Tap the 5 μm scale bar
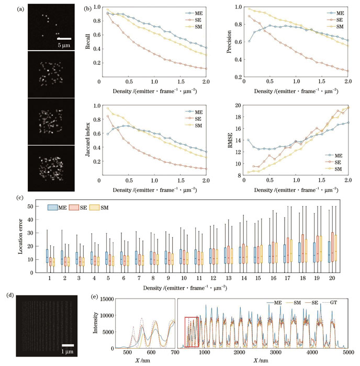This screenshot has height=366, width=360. pos(63,38)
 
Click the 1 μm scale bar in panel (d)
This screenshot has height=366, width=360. pos(69,345)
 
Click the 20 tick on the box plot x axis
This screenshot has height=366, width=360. pos(332,278)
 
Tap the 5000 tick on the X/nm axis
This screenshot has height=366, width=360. pos(349,353)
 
